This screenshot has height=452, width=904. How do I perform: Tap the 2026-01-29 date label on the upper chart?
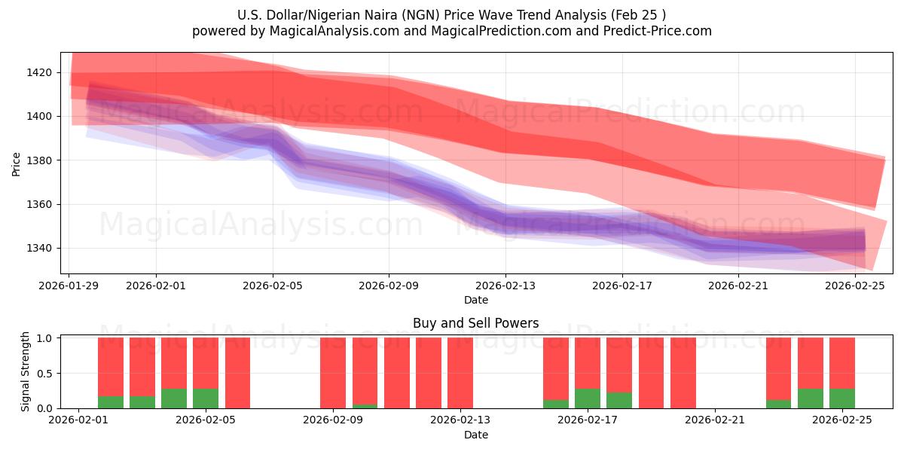69,286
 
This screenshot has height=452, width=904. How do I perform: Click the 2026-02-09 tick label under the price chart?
389,286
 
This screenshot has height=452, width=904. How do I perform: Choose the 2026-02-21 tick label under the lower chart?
714,420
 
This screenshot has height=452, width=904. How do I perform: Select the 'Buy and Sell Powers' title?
475,323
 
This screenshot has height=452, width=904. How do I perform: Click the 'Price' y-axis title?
17,163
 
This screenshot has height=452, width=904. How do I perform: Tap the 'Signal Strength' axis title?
26,371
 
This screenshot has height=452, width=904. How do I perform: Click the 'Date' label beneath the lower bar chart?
475,435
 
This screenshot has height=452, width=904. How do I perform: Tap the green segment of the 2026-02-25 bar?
842,399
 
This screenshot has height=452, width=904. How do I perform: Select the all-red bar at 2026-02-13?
460,373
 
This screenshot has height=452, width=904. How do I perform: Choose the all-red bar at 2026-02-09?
333,373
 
